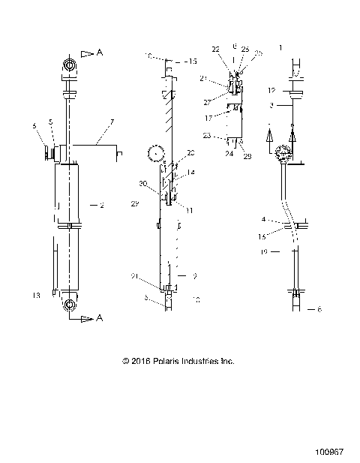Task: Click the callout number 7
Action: [x=111, y=121]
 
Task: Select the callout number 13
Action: [x=36, y=296]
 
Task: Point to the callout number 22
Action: [x=216, y=50]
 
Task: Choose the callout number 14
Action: [x=190, y=173]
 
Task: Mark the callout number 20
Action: [x=190, y=152]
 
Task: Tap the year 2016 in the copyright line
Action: [x=140, y=361]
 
